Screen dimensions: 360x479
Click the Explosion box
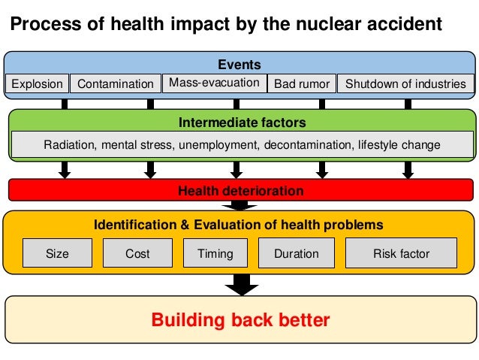tap(37, 83)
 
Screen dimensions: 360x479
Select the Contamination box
tap(116, 83)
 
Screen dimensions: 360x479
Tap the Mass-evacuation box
tap(214, 83)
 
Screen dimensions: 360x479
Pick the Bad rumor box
tap(301, 83)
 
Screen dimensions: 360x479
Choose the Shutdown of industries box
tap(405, 83)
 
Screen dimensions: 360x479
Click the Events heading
tap(239, 65)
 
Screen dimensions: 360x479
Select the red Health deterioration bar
tap(240, 191)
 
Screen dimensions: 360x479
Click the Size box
tap(57, 253)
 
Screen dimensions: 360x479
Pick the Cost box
tap(137, 253)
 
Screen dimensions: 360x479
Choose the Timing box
tap(215, 253)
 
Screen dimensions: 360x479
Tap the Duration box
tap(296, 253)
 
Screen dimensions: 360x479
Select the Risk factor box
tap(401, 253)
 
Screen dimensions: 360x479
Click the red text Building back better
tap(240, 320)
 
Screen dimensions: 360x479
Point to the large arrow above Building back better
tap(240, 284)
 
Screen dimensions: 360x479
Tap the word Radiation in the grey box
tap(68, 144)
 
